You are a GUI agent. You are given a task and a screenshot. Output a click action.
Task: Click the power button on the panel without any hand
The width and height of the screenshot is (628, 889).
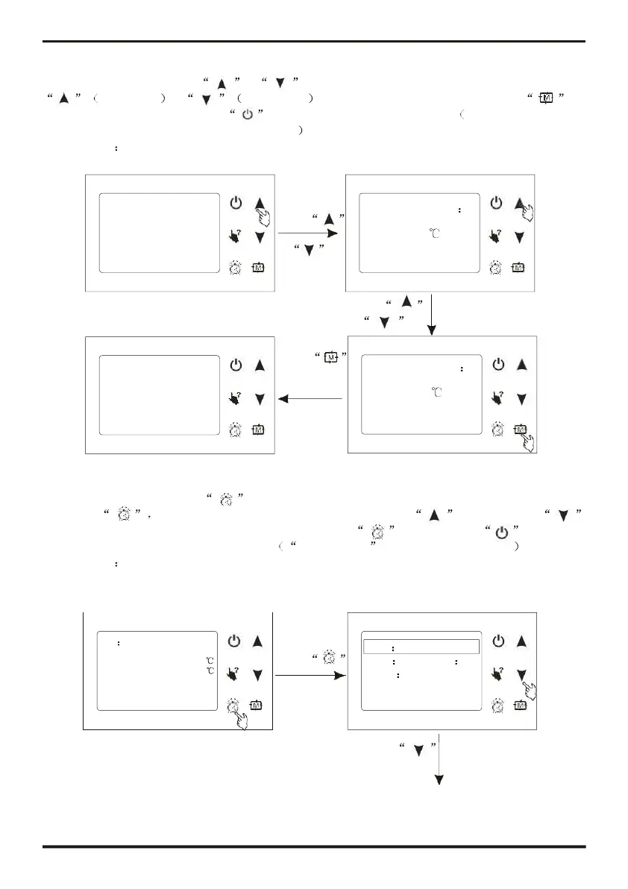pyautogui.click(x=236, y=365)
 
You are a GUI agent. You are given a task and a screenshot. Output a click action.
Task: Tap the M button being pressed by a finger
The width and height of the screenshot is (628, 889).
pyautogui.click(x=520, y=429)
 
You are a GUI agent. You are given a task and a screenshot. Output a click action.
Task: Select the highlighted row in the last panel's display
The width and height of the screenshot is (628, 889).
pyautogui.click(x=421, y=647)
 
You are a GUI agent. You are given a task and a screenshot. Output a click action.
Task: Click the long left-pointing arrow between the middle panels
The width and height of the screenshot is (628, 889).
pyautogui.click(x=310, y=399)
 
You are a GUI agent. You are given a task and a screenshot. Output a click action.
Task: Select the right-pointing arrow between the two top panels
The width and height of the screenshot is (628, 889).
pyautogui.click(x=307, y=233)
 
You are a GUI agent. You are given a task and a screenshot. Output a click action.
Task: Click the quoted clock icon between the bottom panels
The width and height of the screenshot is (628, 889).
pyautogui.click(x=326, y=656)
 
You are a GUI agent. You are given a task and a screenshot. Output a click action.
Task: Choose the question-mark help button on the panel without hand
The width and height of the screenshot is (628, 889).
pyautogui.click(x=236, y=398)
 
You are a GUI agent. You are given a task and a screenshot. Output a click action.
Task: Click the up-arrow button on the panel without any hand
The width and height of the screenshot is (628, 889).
pyautogui.click(x=260, y=365)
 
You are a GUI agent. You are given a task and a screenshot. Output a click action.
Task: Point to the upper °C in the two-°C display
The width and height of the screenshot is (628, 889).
pyautogui.click(x=210, y=660)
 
